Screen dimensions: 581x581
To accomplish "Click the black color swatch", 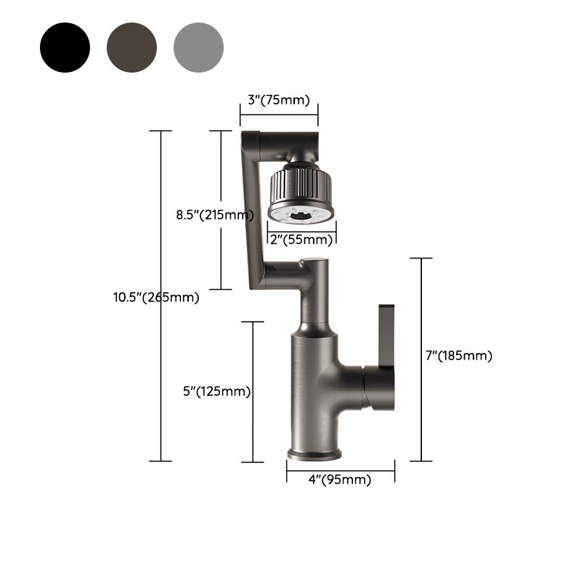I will (65, 47).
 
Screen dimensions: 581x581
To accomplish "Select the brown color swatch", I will (131, 47).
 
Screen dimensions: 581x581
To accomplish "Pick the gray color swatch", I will (198, 47).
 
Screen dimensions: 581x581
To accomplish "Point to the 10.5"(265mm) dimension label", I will (156, 296).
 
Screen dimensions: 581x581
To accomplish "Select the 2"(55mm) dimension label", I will (301, 239).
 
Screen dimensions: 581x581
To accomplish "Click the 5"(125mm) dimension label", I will (217, 391).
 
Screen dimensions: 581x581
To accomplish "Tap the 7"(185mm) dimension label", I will (459, 356).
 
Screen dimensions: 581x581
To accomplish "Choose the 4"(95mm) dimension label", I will (339, 480).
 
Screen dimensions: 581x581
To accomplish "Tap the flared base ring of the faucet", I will (314, 454).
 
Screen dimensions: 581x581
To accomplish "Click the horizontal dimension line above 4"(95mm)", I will (341, 468).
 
